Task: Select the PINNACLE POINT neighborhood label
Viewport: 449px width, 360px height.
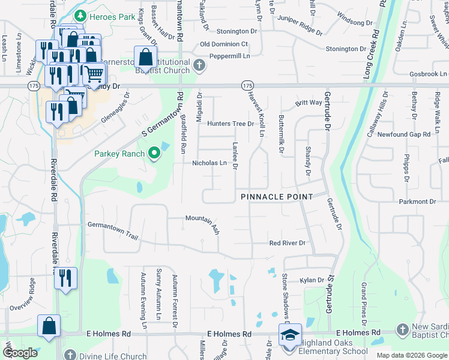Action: click(277, 197)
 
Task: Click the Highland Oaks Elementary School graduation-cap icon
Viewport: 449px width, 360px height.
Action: click(290, 334)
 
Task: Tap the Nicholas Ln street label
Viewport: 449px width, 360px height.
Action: click(209, 163)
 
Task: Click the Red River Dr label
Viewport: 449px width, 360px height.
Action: click(288, 243)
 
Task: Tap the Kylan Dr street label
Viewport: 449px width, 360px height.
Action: click(312, 280)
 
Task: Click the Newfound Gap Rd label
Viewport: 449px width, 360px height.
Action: click(404, 134)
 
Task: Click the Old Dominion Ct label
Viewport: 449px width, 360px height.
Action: click(224, 44)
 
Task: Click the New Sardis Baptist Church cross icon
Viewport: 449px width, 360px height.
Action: click(402, 330)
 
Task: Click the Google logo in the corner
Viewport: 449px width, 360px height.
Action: click(20, 353)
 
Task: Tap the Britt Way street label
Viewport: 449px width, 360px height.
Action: click(309, 103)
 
